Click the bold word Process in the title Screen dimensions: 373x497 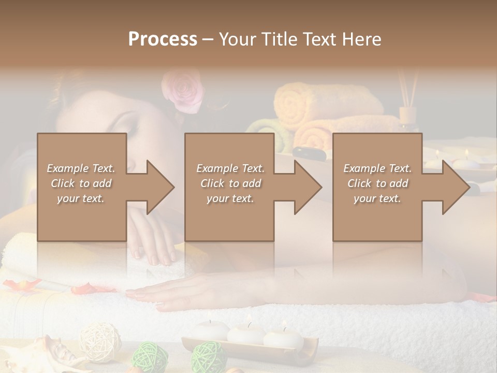coord(163,39)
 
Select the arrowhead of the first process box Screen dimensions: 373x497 coord(158,187)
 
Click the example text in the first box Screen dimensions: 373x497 coord(81,183)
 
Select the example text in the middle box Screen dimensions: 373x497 coord(230,183)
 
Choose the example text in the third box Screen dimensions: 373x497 coord(377,183)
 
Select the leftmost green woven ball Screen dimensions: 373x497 coord(150,356)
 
